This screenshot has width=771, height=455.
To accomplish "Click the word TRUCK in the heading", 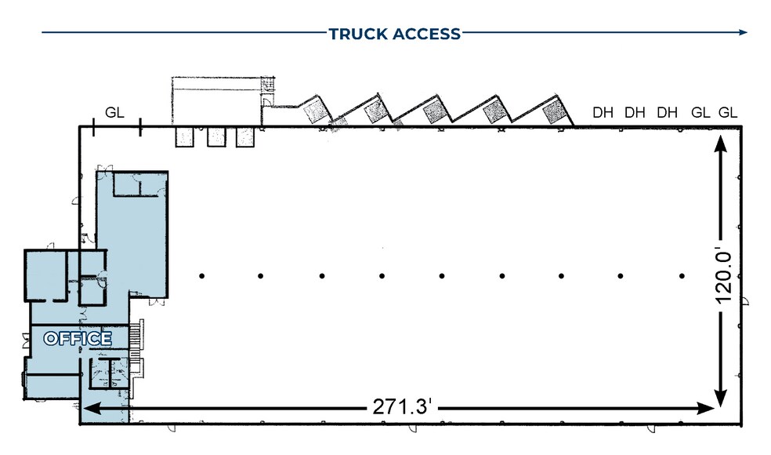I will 357,34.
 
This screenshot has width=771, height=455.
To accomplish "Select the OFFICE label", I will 77,339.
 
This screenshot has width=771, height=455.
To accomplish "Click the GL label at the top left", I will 114,112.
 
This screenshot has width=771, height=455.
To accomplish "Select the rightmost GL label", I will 728,112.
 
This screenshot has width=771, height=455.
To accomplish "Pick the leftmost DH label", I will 603,112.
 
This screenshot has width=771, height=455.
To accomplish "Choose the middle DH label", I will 635,112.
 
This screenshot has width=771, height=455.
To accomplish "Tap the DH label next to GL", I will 667,112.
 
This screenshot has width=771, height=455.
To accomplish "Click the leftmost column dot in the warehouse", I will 201,275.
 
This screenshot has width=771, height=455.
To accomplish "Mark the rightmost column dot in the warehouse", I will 682,275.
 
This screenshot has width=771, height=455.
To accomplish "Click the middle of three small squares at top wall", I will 215,137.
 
